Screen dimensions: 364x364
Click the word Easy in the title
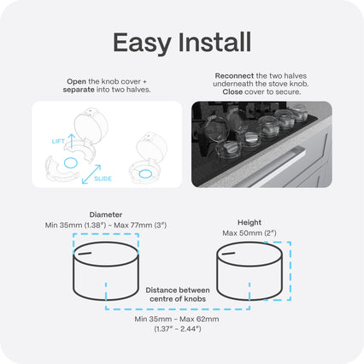[x=142, y=44]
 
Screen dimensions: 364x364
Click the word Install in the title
[x=214, y=42]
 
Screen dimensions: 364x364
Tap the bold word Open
[x=76, y=81]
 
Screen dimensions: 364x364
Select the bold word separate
[x=79, y=90]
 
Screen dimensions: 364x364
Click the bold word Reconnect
[x=234, y=76]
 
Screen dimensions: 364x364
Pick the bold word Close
[x=232, y=92]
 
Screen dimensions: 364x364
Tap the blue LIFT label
[x=58, y=141]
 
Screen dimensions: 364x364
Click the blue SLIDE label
[x=103, y=179]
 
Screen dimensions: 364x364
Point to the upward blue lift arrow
[x=72, y=141]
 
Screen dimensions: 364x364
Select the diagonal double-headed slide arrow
[x=91, y=174]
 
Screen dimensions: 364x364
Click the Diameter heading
[x=106, y=214]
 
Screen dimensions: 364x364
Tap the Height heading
[x=250, y=222]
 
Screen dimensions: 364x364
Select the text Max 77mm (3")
[x=140, y=226]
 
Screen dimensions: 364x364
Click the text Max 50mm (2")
[x=250, y=233]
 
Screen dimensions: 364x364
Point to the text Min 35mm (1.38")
[x=75, y=226]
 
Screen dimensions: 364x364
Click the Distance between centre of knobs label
[x=178, y=295]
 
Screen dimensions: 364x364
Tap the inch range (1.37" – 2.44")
[x=178, y=329]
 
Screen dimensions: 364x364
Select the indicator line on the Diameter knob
[x=85, y=253]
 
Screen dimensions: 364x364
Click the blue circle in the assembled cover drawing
[x=145, y=173]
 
